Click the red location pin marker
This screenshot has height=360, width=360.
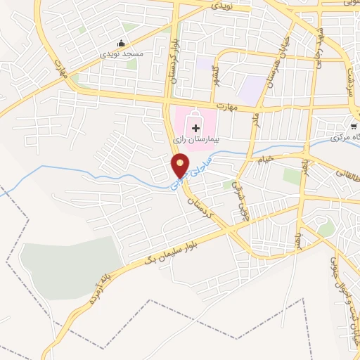click(181, 166)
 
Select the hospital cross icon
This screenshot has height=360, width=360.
click(195, 128)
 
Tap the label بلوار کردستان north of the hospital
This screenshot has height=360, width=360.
click(170, 70)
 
